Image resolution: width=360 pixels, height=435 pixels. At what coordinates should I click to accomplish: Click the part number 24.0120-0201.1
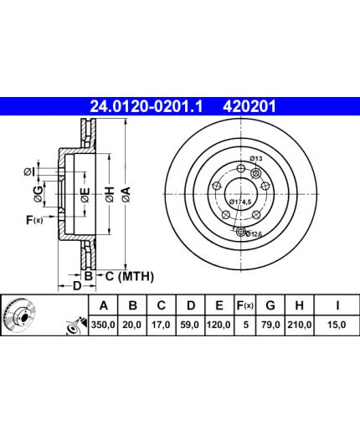tap(146, 106)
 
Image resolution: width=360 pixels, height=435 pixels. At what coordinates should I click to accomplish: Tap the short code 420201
tap(249, 106)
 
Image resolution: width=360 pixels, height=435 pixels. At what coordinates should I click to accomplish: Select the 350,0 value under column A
tap(103, 325)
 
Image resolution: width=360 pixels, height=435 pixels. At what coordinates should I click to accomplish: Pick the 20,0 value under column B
tap(132, 325)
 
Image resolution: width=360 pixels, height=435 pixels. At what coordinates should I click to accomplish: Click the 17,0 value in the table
tap(161, 325)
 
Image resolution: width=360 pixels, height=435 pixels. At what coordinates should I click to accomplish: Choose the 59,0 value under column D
tap(190, 325)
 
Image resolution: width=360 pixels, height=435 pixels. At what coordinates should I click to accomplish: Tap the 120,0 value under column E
tap(219, 325)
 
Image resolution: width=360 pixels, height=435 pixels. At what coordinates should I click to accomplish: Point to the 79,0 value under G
tap(270, 325)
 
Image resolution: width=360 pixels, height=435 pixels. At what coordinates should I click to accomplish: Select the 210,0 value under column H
tap(300, 325)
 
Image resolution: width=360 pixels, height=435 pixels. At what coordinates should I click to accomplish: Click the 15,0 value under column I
tap(337, 325)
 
